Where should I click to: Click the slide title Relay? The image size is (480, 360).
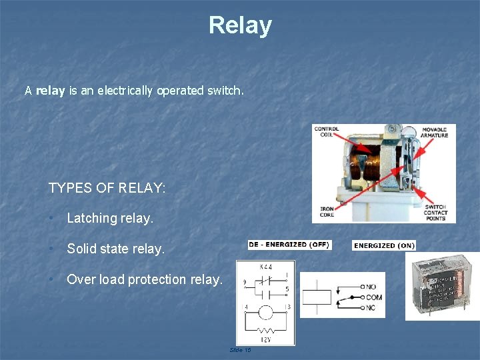coord(240,25)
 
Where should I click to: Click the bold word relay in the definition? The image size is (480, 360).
coord(50,90)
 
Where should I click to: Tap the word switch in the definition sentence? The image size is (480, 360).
coord(225,90)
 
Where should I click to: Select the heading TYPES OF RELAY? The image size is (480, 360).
coord(107,188)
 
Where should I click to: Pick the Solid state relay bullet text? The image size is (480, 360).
coord(115,249)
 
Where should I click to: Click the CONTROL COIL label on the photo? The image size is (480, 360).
coord(326,131)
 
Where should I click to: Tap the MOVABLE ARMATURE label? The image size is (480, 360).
coord(435,131)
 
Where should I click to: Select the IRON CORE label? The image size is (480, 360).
coord(327,211)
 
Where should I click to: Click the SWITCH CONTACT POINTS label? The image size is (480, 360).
coord(436,211)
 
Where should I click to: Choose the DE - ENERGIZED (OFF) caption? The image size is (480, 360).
coord(289,245)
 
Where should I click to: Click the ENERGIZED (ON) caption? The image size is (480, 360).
coord(384,245)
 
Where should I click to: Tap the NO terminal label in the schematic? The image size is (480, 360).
coord(371,287)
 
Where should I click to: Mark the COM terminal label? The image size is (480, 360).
coord(374,297)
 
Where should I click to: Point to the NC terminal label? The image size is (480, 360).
coord(371,308)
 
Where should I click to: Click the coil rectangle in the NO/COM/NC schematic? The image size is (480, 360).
coord(316,297)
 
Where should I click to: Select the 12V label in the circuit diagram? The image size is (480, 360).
coord(266,340)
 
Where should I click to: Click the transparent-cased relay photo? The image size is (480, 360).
coord(442,285)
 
